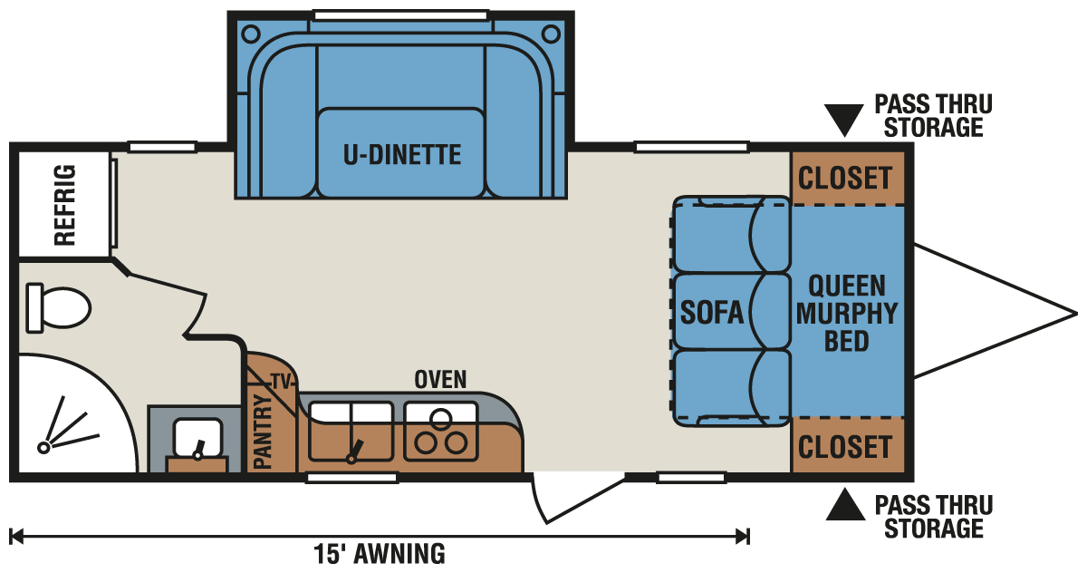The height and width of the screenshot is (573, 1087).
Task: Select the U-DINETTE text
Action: coord(401,154)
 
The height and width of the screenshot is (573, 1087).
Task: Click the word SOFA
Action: coord(712,313)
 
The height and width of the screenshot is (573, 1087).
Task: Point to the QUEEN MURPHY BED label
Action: coord(847,313)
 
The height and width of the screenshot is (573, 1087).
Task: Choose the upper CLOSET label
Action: coord(845,178)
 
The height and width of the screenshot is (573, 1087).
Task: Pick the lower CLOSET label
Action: coord(845,446)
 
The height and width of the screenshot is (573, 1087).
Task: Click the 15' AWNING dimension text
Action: coord(380,552)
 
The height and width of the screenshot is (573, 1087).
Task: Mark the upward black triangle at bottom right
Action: coord(844,505)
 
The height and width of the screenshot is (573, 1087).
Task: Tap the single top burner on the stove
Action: coord(440,419)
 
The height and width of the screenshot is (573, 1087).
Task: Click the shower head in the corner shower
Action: coord(44,447)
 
